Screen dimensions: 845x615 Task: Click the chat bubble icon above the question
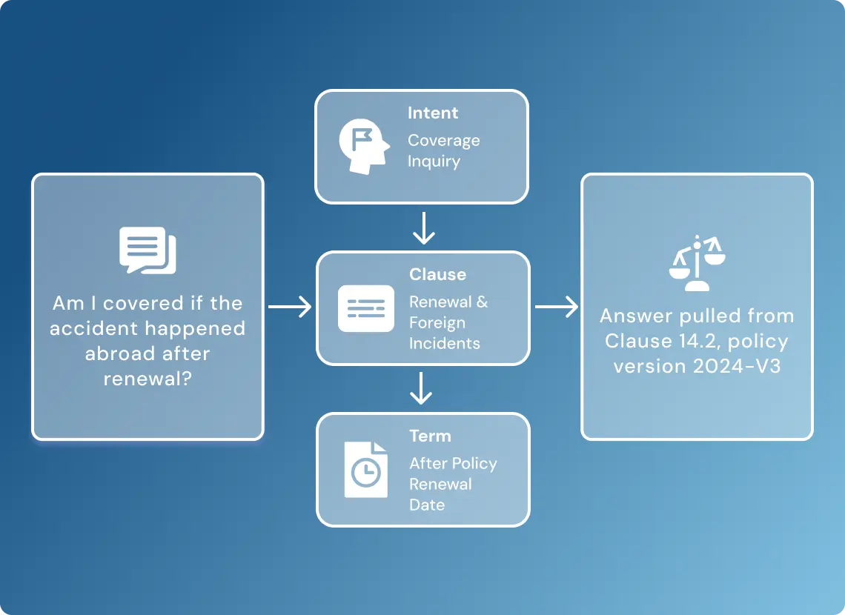[x=148, y=250]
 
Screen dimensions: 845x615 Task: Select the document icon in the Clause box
[x=366, y=308]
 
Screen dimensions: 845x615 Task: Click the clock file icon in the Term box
[x=366, y=470]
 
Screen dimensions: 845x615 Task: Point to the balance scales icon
[x=697, y=263]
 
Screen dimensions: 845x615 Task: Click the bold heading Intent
[x=433, y=113]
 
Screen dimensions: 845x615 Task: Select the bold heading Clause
[x=437, y=274]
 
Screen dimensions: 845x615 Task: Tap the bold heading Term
[x=430, y=436]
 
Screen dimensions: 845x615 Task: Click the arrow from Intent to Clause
[x=424, y=227]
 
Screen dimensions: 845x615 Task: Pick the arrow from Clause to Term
[x=421, y=388]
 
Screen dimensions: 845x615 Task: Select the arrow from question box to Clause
[x=290, y=307]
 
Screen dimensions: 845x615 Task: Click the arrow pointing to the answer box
[x=557, y=307]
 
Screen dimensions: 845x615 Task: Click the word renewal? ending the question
[x=148, y=379]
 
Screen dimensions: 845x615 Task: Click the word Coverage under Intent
[x=443, y=141]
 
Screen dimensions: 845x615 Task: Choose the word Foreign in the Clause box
[x=437, y=322]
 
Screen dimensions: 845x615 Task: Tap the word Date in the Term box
[x=427, y=505]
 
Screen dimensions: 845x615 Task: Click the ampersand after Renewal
[x=483, y=302]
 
